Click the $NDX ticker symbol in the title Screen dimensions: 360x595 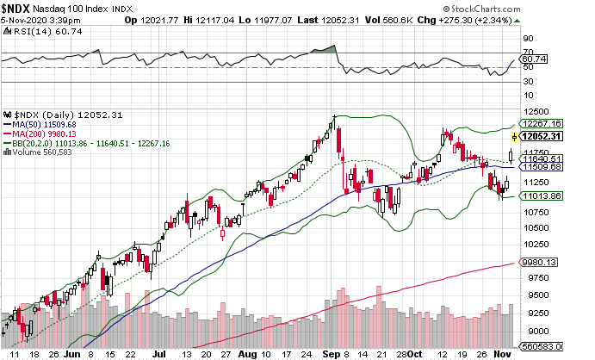tap(18, 8)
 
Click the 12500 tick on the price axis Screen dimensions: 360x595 tap(536, 112)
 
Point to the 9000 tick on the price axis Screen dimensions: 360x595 tap(533, 332)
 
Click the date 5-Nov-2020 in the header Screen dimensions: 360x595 tap(21, 19)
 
